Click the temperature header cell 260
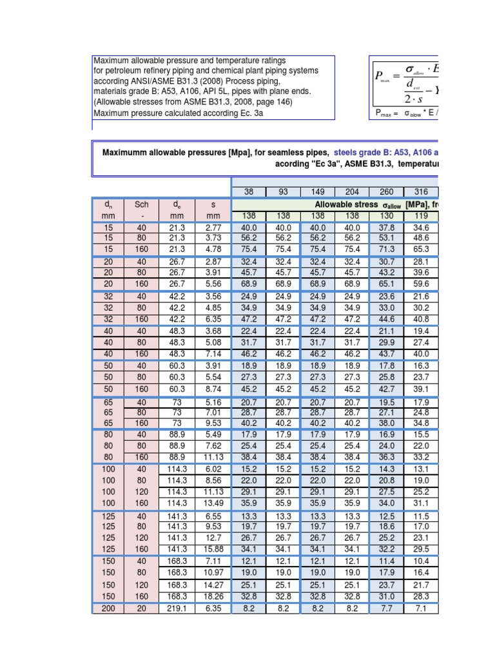pos(387,192)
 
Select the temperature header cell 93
pos(283,192)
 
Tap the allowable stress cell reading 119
pos(421,215)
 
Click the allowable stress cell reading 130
pos(387,215)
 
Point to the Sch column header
pos(141,204)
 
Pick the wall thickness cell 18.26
pos(213,597)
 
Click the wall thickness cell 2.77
pos(213,228)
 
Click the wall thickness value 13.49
pos(213,503)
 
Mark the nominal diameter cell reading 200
pos(108,608)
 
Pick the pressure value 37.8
pos(387,228)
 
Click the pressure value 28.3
pos(421,597)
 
